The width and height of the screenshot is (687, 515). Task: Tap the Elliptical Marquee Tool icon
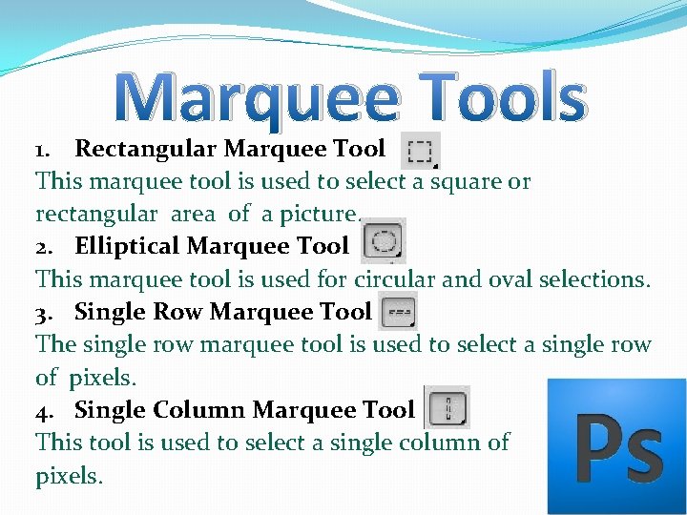click(x=384, y=240)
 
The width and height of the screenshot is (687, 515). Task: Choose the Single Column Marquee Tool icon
click(x=447, y=407)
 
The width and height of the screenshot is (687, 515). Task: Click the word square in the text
click(x=466, y=182)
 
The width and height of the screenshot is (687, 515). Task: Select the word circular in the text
click(x=395, y=279)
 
